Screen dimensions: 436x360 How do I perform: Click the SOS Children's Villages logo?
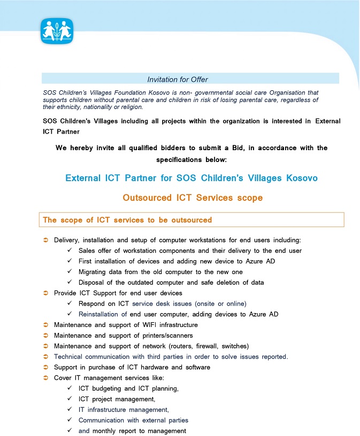(x=57, y=31)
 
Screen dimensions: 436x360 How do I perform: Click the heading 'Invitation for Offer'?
(x=178, y=80)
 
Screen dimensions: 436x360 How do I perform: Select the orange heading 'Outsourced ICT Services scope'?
(x=193, y=198)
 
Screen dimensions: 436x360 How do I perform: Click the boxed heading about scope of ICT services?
(x=127, y=220)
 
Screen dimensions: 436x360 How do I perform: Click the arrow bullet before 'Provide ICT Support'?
(x=45, y=293)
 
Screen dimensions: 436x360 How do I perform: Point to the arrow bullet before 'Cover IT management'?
(x=45, y=378)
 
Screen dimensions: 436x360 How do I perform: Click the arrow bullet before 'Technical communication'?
(x=45, y=356)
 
